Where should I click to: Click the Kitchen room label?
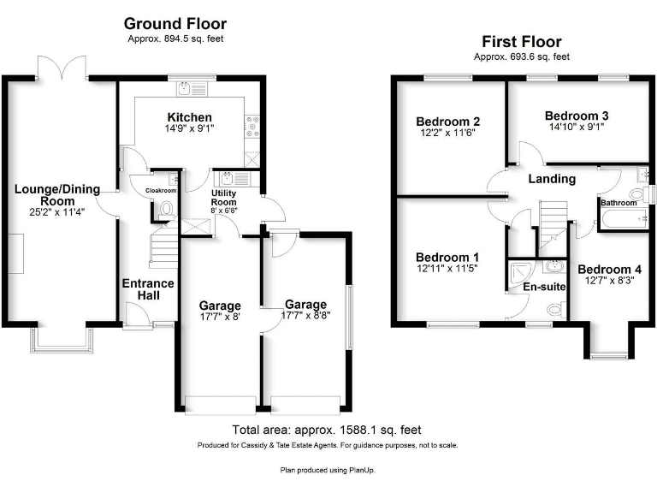pyautogui.click(x=190, y=117)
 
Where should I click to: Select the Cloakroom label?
pyautogui.click(x=161, y=191)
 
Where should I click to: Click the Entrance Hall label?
pyautogui.click(x=148, y=289)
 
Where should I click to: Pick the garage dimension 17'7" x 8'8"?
pyautogui.click(x=306, y=317)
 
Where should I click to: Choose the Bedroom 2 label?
pyautogui.click(x=447, y=121)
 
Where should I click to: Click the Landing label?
pyautogui.click(x=552, y=179)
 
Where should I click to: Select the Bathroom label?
pyautogui.click(x=619, y=203)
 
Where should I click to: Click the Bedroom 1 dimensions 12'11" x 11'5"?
pyautogui.click(x=447, y=269)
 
